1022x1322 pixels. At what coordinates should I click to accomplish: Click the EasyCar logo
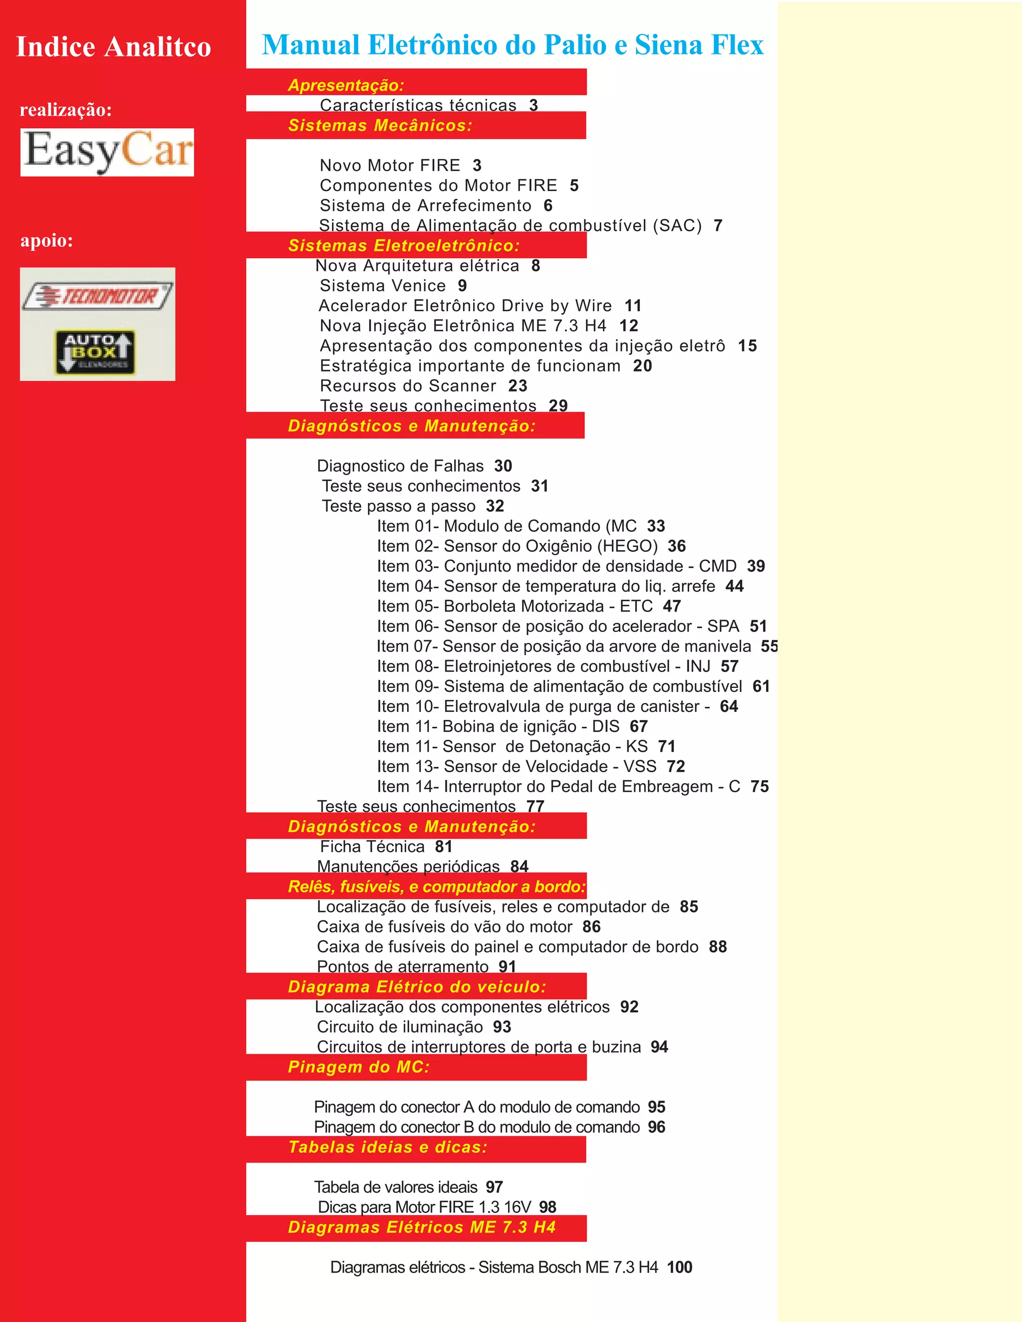(x=107, y=152)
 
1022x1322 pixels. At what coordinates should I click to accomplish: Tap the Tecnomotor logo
(x=97, y=296)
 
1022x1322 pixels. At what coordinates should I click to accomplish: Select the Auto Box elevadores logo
(x=95, y=352)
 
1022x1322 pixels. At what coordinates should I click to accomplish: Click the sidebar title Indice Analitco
(x=113, y=47)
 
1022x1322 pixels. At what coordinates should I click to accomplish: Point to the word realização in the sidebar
(x=65, y=110)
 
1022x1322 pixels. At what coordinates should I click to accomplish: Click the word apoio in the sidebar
(x=46, y=240)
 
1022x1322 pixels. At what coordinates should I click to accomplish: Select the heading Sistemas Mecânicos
(x=380, y=125)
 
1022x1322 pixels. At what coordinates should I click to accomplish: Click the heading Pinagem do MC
(x=358, y=1067)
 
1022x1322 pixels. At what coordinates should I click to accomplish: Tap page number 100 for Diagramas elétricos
(x=679, y=1267)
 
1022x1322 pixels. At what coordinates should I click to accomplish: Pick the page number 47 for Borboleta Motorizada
(x=672, y=606)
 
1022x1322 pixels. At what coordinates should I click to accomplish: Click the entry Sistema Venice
(x=383, y=286)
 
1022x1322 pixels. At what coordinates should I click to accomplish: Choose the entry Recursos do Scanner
(x=408, y=386)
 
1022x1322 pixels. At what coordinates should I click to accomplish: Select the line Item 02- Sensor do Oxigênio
(x=517, y=546)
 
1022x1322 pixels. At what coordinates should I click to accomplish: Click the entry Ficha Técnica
(x=372, y=846)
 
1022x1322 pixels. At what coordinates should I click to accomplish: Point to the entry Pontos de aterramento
(x=403, y=967)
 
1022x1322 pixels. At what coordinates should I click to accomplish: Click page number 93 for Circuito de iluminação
(x=502, y=1027)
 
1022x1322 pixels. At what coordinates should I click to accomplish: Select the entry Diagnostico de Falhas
(x=400, y=465)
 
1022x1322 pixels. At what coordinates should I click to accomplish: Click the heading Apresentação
(x=346, y=85)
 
